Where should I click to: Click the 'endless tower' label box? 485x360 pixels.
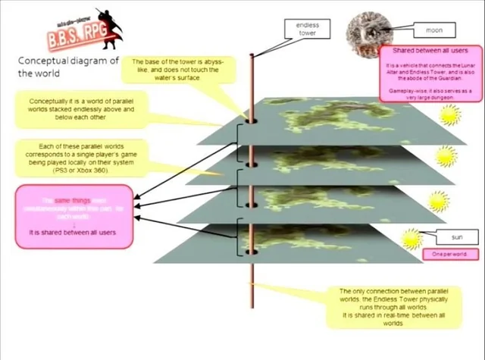308,29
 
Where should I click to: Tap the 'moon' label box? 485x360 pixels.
433,31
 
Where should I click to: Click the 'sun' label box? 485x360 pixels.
456,238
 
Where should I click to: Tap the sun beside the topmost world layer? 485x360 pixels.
449,115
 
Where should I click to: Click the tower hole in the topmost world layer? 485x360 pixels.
252,119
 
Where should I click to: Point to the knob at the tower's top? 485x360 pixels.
252,55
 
